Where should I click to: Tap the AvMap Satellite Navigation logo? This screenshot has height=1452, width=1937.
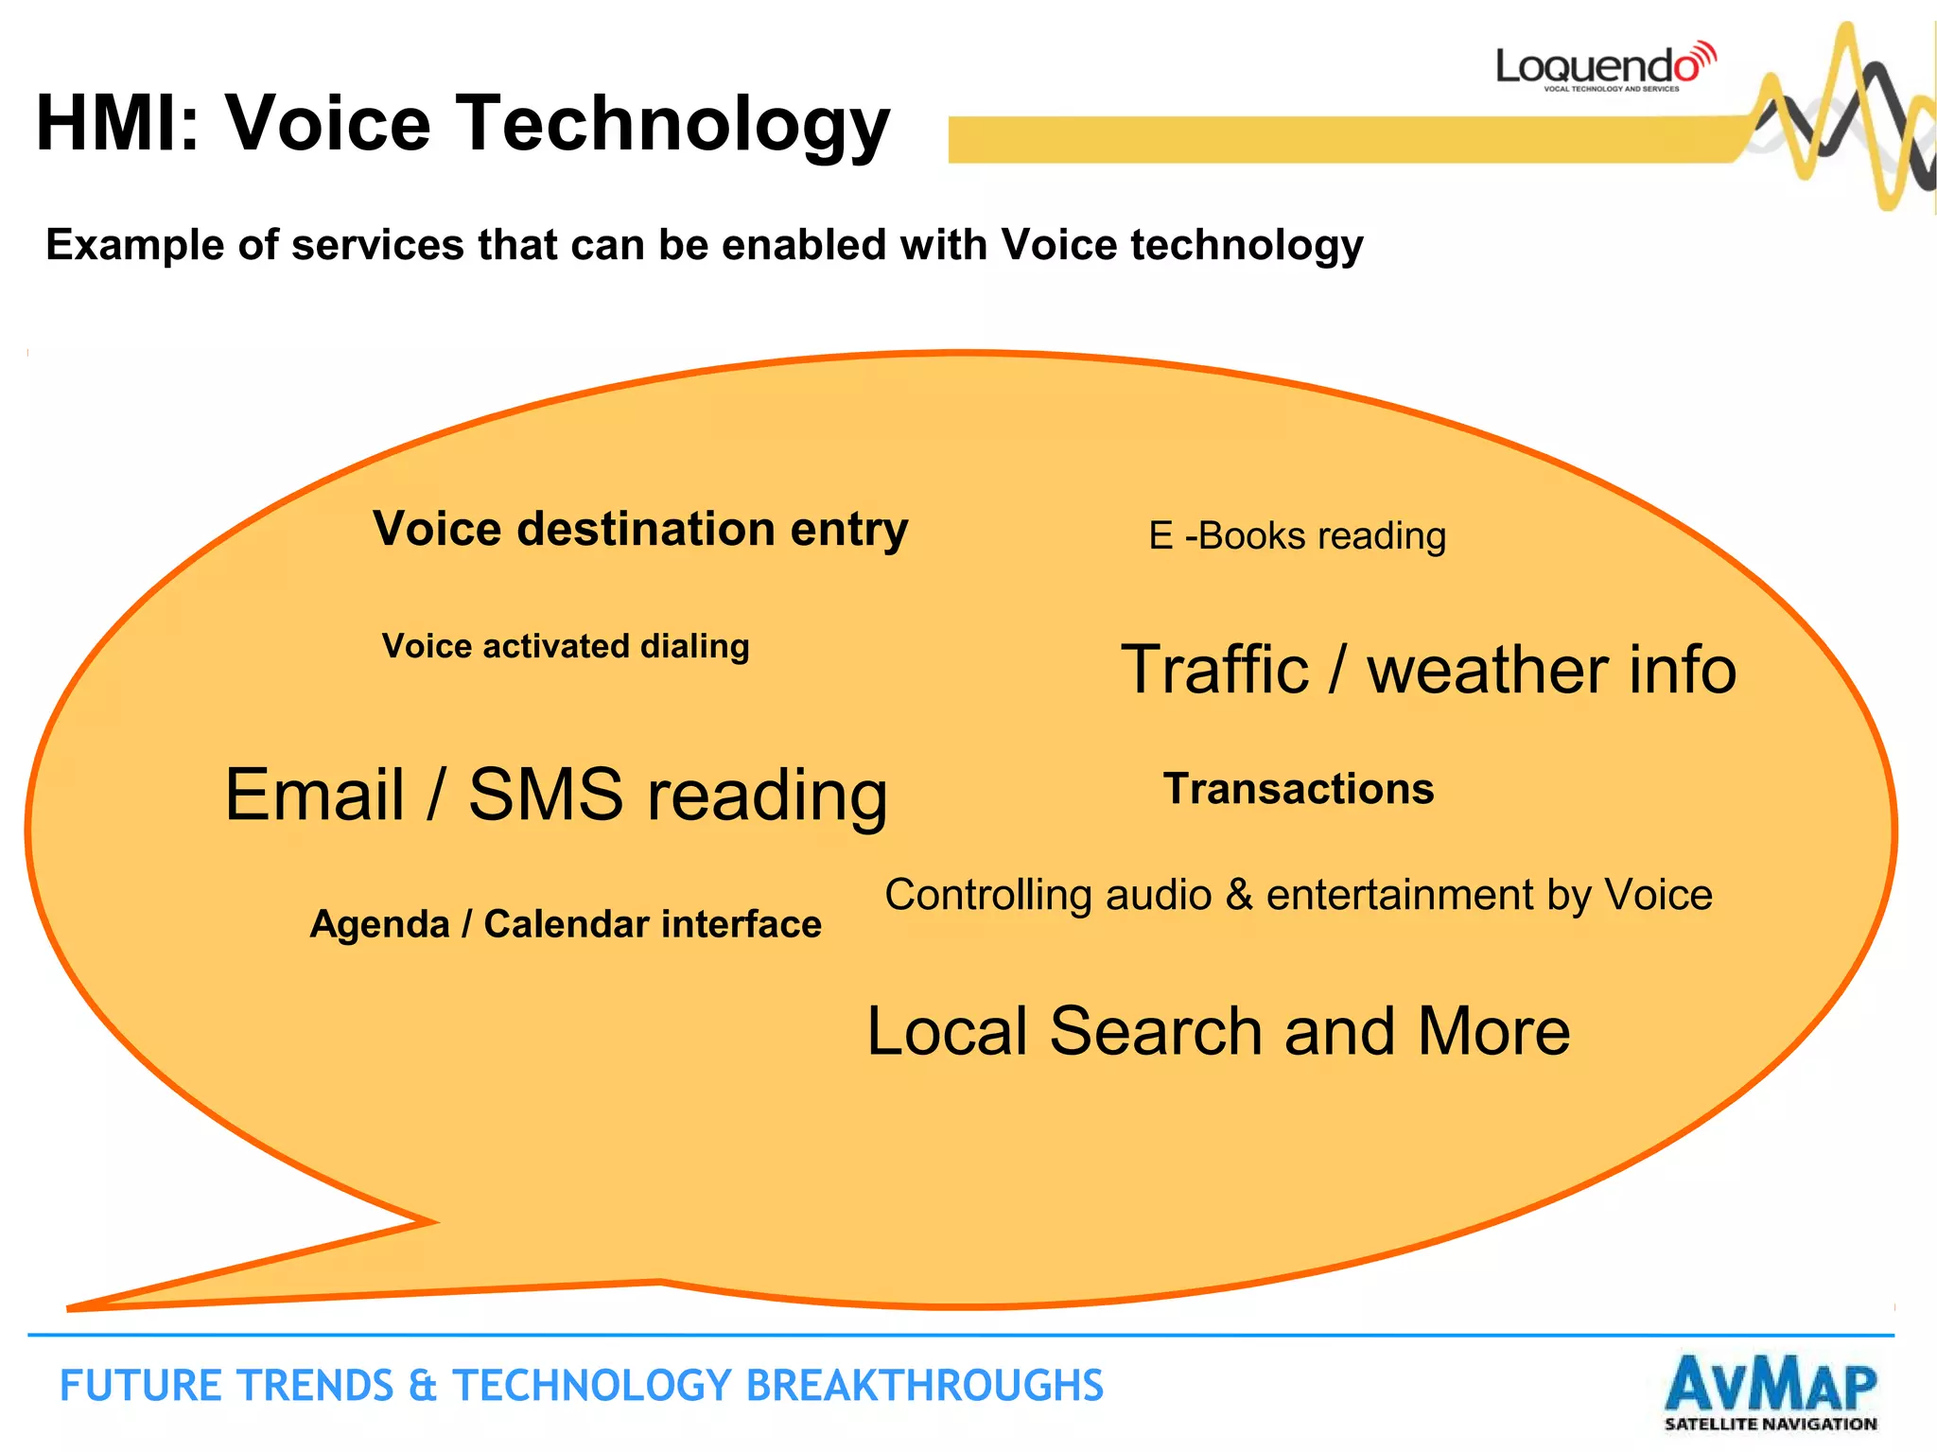pos(1770,1392)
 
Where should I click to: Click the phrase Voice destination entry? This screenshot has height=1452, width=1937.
pos(639,530)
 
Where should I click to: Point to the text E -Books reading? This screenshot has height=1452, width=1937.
pos(1297,536)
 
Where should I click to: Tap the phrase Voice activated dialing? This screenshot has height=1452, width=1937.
pos(566,646)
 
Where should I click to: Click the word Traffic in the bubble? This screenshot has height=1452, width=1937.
pos(1214,670)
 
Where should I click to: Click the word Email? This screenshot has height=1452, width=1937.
pos(314,795)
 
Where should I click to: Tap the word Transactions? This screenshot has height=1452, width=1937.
pos(1298,789)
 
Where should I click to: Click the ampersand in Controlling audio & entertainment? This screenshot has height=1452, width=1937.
pos(1238,895)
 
